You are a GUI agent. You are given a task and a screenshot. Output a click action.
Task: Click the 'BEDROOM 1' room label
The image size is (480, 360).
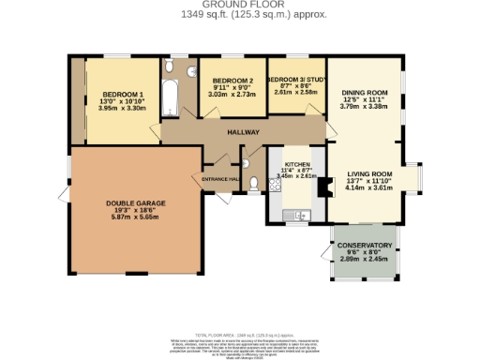122,95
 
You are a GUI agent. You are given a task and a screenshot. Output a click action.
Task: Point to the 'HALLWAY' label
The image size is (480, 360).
243,132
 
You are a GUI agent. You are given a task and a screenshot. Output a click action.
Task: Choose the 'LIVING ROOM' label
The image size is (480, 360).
368,174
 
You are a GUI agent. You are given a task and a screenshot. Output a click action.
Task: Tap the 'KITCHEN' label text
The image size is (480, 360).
296,163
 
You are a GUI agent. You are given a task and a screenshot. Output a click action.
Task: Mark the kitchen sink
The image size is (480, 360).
298,217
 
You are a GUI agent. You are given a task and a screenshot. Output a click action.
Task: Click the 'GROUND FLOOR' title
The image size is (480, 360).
239,5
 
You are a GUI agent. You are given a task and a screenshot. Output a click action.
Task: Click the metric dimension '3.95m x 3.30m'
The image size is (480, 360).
122,108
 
